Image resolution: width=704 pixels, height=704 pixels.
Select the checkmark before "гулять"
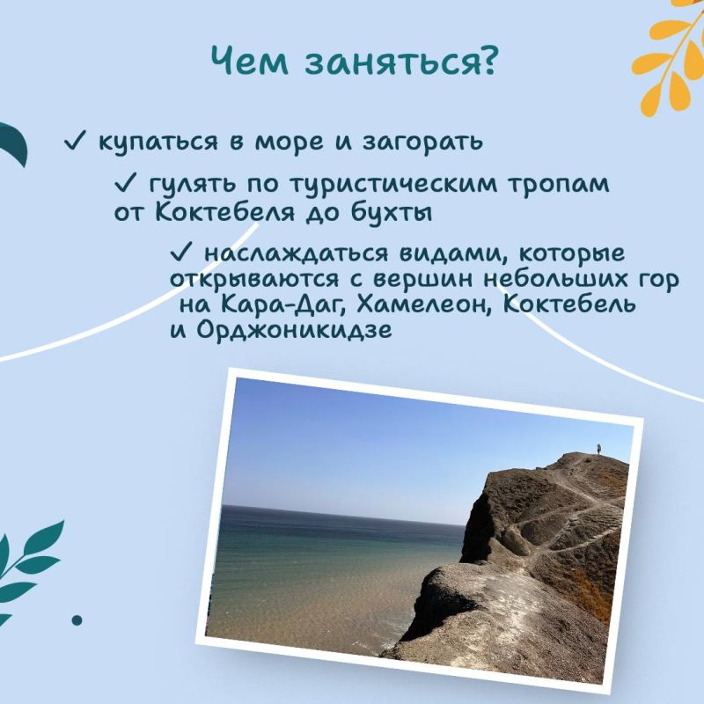[125, 185]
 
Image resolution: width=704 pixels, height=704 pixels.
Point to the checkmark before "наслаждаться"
[180, 253]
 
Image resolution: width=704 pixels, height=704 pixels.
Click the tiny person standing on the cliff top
[599, 449]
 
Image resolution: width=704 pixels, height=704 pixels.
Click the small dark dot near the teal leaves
[77, 619]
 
